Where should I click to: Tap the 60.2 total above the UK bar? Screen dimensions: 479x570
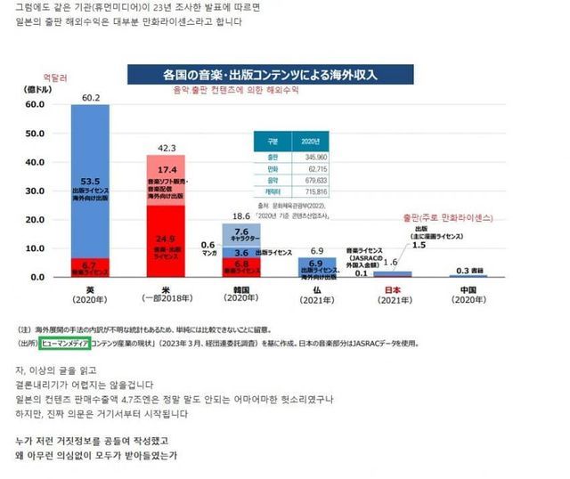pos(91,97)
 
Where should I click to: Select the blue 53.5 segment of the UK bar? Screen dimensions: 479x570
pos(91,183)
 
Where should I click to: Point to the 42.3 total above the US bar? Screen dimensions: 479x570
pos(167,147)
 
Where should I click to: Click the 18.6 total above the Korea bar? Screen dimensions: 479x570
pos(241,215)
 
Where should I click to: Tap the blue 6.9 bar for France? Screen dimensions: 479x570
pos(315,266)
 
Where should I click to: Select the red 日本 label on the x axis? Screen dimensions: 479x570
pos(390,289)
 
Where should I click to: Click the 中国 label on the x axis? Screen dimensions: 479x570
pos(465,289)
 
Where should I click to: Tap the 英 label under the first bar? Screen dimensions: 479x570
pos(91,289)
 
